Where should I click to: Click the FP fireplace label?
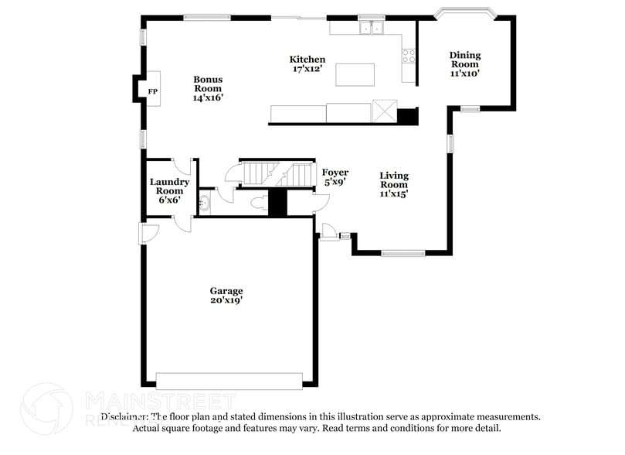[x=152, y=92]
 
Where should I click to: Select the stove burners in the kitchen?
[x=408, y=56]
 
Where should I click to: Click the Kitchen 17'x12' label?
[x=307, y=64]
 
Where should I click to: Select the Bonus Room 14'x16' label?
[x=208, y=88]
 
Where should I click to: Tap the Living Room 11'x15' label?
[x=393, y=185]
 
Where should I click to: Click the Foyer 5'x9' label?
[x=335, y=177]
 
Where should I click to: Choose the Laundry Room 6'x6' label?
[x=169, y=190]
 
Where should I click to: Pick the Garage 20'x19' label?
[x=226, y=296]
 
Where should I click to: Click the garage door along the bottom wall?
[x=229, y=381]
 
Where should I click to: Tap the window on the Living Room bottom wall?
[x=403, y=253]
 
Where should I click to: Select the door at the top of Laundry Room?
[x=182, y=165]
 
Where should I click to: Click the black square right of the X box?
[x=407, y=116]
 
